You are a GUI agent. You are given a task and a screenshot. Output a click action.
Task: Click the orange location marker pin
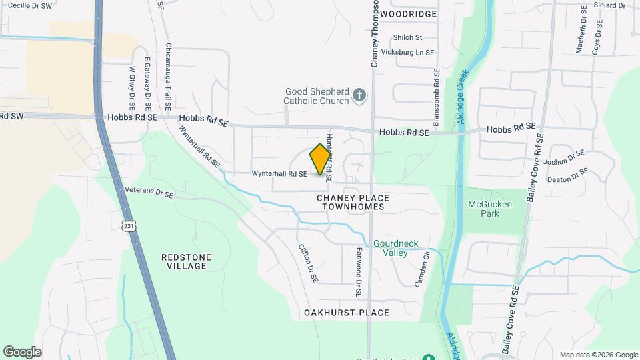point(321,159)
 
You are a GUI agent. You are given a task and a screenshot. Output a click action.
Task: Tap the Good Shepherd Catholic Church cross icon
point(359,95)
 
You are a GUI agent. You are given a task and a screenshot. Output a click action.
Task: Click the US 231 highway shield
point(129,226)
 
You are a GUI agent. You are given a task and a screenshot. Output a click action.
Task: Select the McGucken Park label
point(489,209)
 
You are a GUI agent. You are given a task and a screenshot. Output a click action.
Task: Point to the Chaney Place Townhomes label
point(353,202)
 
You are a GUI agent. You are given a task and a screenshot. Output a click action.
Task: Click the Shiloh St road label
point(408,38)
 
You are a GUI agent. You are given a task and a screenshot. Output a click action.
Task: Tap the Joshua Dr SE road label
point(563,157)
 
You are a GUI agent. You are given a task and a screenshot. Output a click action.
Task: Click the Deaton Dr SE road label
point(567,175)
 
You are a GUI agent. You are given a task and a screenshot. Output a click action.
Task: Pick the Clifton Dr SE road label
point(307,263)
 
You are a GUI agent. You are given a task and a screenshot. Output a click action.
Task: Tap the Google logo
point(22,352)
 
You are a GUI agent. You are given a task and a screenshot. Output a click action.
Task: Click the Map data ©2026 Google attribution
point(598,355)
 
